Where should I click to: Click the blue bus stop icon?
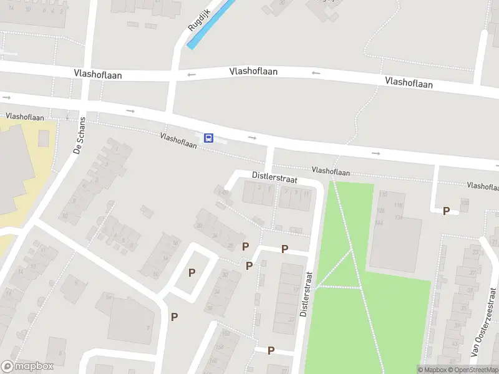(x=209, y=138)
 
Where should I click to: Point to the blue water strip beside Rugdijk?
(x=211, y=23)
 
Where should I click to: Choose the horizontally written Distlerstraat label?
(x=274, y=178)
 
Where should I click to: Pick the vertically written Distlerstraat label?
(x=304, y=293)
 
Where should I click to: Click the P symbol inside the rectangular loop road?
(x=191, y=272)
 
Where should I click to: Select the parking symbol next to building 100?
(x=446, y=211)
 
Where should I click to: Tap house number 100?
(x=464, y=202)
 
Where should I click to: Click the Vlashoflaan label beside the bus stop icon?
(x=178, y=140)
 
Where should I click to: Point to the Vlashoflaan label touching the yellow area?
(x=25, y=117)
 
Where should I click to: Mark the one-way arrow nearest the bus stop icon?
(x=252, y=137)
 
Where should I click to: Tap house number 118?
(x=399, y=205)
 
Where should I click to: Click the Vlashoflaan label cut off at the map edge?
(x=483, y=186)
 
